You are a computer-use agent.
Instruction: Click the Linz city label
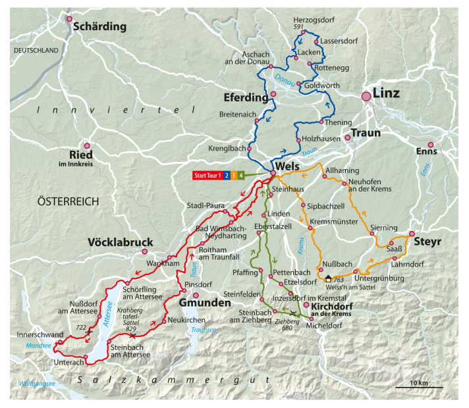386,93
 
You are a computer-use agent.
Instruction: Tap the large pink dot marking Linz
366,97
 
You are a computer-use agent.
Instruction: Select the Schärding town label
99,26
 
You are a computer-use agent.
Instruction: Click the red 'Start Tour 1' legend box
207,175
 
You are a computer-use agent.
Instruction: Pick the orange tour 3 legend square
234,175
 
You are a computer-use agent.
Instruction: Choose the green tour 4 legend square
242,175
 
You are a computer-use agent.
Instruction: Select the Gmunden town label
205,303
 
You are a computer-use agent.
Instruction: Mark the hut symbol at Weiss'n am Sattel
328,279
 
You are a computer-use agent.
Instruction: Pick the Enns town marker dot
431,145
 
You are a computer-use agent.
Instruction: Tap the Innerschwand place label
36,334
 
